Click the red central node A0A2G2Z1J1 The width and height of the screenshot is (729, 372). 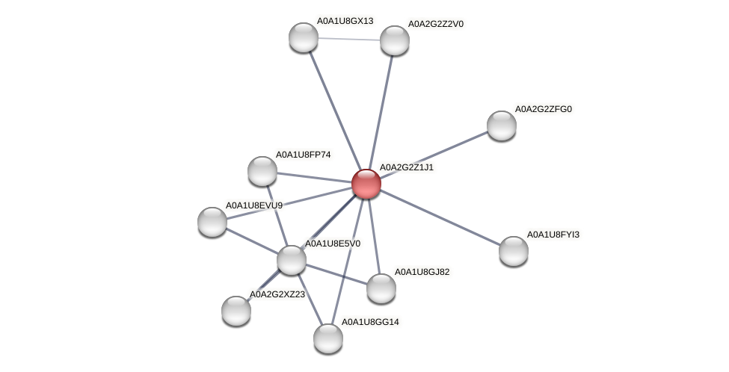(x=366, y=184)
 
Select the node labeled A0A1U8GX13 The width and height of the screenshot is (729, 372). (x=304, y=37)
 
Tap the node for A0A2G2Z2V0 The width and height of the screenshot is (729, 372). (x=395, y=40)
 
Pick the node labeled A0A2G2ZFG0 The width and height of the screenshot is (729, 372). (x=502, y=125)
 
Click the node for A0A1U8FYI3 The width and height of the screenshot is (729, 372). (x=514, y=251)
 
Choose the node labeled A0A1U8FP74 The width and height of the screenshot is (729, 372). (x=262, y=171)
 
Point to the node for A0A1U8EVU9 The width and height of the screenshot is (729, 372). (x=212, y=222)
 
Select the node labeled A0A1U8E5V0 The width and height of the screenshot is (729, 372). (x=292, y=260)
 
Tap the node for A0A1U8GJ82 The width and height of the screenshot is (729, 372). (x=381, y=288)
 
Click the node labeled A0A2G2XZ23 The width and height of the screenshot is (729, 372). (x=236, y=311)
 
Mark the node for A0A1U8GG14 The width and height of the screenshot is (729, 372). (x=328, y=338)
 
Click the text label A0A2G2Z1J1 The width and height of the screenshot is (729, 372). (x=406, y=167)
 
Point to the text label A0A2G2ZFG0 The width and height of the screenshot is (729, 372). (x=543, y=109)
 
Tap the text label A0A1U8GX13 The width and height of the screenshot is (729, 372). (x=345, y=21)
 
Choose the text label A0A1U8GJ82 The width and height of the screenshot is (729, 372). (x=422, y=272)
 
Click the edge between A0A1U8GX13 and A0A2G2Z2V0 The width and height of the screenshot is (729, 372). (x=349, y=39)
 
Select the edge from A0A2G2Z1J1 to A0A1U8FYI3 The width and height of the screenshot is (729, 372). (x=440, y=217)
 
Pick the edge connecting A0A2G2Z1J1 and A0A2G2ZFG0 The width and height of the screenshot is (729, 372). (x=434, y=155)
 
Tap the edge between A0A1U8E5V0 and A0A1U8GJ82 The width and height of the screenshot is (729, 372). (x=336, y=274)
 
